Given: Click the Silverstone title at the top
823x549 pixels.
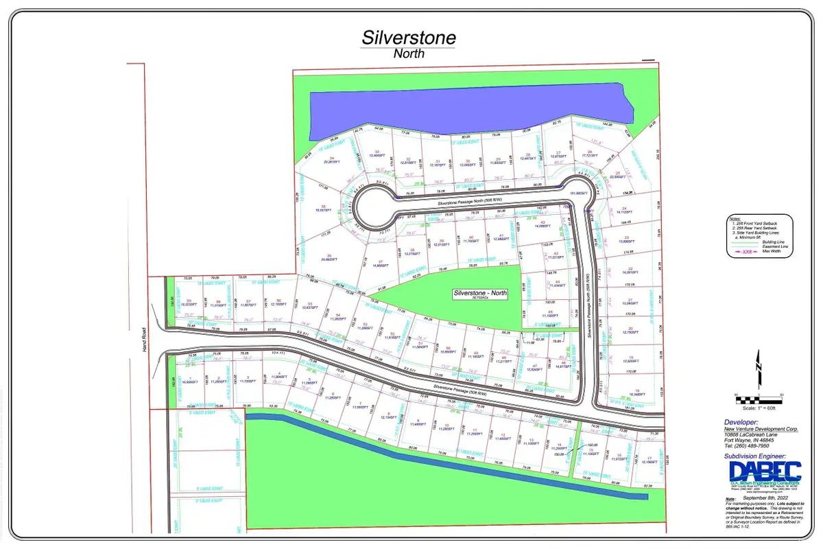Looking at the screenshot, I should coord(409,38).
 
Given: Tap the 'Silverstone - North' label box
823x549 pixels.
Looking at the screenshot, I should coord(480,293).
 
